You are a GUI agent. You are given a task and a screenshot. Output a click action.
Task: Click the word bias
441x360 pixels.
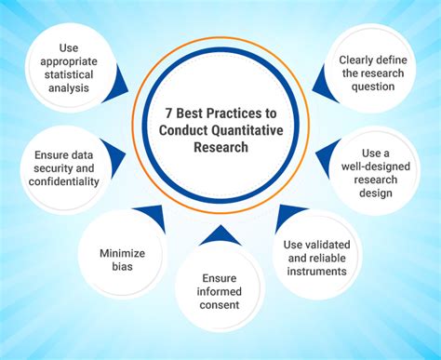122,268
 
